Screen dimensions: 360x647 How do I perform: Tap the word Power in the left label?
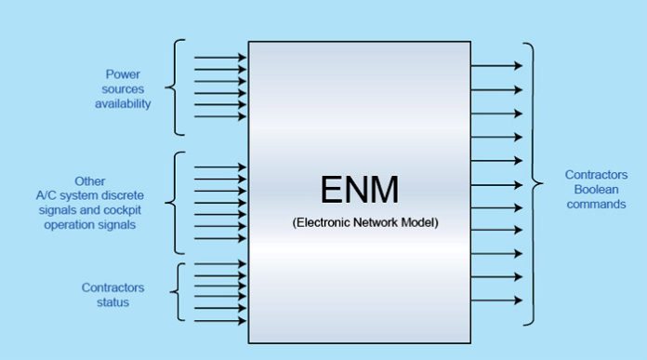tap(122, 73)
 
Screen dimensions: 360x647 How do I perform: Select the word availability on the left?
tap(122, 103)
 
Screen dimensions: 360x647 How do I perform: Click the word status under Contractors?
tap(112, 302)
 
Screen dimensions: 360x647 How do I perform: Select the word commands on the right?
tap(596, 204)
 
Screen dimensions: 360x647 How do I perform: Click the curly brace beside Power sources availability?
tap(174, 87)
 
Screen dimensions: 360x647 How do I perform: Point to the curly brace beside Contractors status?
tap(176, 293)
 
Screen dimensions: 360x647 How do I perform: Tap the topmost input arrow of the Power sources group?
tap(220, 58)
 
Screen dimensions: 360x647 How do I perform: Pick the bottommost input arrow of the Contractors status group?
tap(220, 322)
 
